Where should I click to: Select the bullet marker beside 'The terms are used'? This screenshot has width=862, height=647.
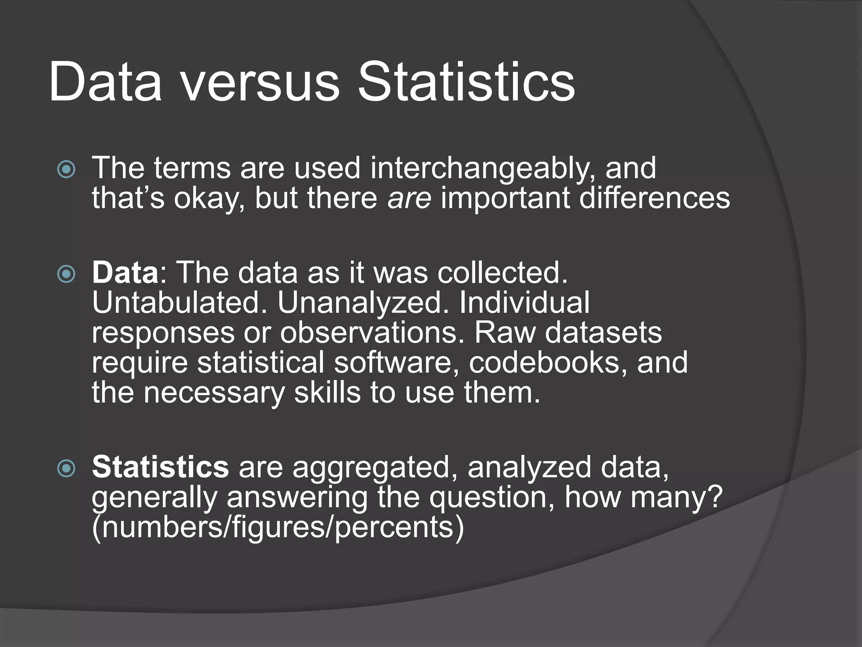coord(67,170)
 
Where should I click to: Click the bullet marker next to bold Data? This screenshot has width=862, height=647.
coord(67,275)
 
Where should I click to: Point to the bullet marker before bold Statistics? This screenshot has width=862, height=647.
coord(67,468)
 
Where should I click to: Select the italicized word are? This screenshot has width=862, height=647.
coord(409,198)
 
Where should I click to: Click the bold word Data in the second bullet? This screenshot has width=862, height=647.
coord(125,273)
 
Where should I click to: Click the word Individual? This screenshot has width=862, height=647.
coord(524,303)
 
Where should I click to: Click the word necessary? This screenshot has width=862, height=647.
coord(214,393)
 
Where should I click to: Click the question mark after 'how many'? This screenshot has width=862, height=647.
coord(713,497)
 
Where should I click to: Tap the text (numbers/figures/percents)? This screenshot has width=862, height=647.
coord(278,528)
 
